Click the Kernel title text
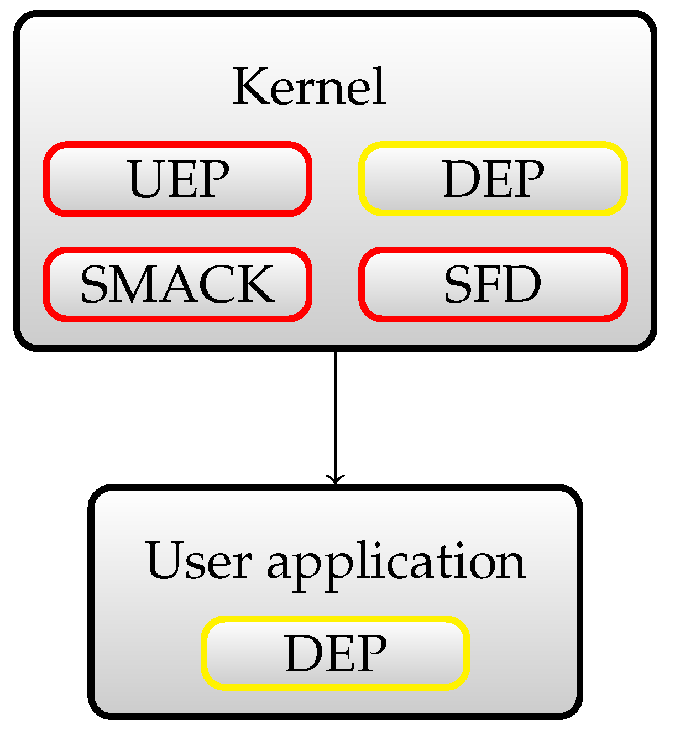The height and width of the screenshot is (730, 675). click(x=309, y=87)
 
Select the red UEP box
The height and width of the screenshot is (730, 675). click(x=177, y=179)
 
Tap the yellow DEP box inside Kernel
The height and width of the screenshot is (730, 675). click(x=493, y=179)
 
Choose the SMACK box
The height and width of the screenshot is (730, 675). click(x=177, y=284)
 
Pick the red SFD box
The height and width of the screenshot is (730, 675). click(x=493, y=284)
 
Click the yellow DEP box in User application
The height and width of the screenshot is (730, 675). click(x=336, y=653)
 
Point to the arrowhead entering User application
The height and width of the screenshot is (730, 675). click(x=335, y=480)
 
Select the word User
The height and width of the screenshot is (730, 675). click(x=198, y=561)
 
